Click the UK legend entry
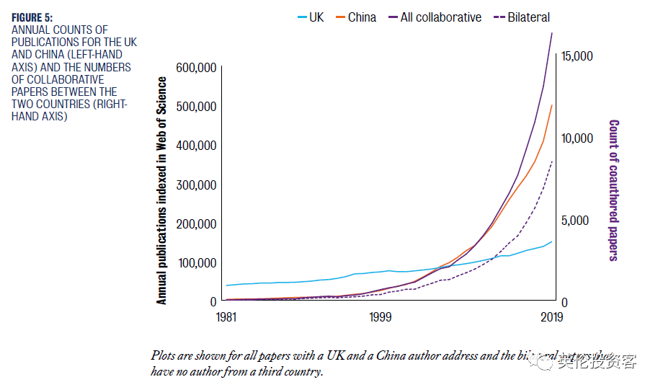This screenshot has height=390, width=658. click(316, 17)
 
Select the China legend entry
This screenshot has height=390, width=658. click(361, 17)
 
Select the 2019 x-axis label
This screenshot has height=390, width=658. click(552, 316)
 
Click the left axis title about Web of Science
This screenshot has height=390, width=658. click(162, 189)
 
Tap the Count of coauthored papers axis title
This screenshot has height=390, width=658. click(614, 189)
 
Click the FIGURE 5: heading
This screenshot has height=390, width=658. click(32, 17)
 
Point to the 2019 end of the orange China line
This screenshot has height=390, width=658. click(552, 105)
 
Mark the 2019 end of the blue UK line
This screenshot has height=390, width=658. click(552, 241)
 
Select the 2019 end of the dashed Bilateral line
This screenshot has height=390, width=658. click(552, 161)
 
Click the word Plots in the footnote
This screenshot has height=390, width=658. click(164, 355)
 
